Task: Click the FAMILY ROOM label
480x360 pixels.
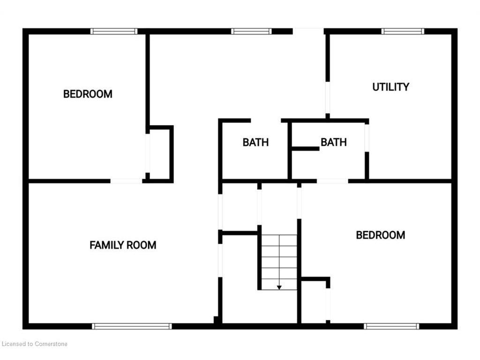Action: pyautogui.click(x=123, y=245)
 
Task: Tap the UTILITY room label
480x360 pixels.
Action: pyautogui.click(x=390, y=87)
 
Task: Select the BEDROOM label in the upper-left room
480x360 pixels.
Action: pyautogui.click(x=88, y=94)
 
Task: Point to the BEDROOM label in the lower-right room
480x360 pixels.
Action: pyautogui.click(x=381, y=235)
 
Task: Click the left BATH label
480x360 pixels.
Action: pyautogui.click(x=255, y=142)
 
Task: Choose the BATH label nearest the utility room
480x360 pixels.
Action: pyautogui.click(x=334, y=142)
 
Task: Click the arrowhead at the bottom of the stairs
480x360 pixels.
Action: pyautogui.click(x=279, y=287)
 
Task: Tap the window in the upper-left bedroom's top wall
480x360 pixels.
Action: pyautogui.click(x=114, y=31)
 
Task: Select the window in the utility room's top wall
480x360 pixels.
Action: pyautogui.click(x=403, y=31)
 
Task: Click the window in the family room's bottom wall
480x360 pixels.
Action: pyautogui.click(x=132, y=326)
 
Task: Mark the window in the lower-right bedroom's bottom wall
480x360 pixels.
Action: pyautogui.click(x=391, y=326)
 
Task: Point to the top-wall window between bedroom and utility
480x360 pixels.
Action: pyautogui.click(x=251, y=31)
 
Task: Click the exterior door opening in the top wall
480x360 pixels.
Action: pyautogui.click(x=308, y=31)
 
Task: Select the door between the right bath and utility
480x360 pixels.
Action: pyautogui.click(x=367, y=138)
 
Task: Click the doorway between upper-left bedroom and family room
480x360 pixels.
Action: pyautogui.click(x=126, y=181)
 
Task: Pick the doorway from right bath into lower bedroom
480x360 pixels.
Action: pyautogui.click(x=332, y=181)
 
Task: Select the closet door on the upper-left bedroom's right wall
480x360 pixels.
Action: pyautogui.click(x=148, y=153)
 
